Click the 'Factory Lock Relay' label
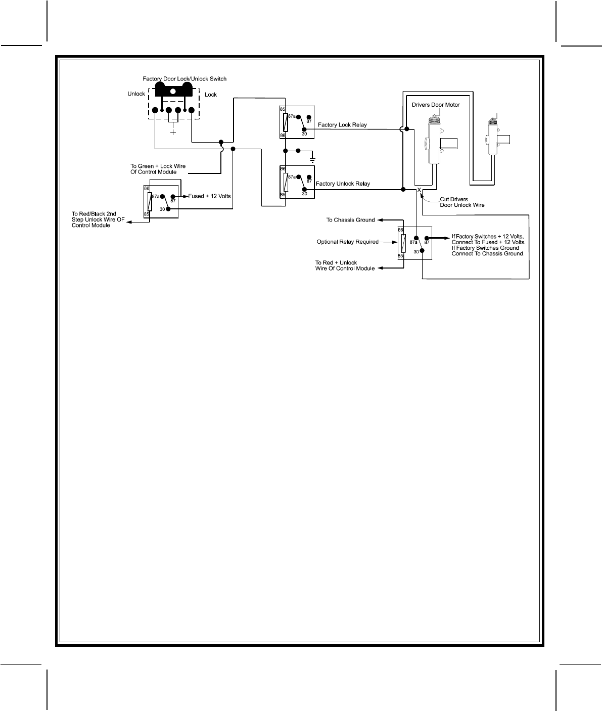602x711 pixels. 342,125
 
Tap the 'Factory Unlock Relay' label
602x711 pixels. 342,184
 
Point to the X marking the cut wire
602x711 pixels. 419,190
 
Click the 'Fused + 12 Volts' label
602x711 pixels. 209,196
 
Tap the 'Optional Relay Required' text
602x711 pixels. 347,242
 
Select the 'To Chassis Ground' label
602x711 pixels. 350,220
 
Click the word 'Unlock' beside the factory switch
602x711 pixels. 136,94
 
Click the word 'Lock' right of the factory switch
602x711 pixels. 211,95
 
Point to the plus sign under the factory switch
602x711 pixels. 173,132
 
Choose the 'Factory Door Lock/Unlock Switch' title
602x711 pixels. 184,79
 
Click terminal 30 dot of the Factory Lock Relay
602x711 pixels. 303,129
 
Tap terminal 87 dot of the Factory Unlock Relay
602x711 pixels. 309,177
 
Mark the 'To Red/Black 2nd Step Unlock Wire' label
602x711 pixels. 98,219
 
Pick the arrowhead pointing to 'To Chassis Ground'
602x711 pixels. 381,220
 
